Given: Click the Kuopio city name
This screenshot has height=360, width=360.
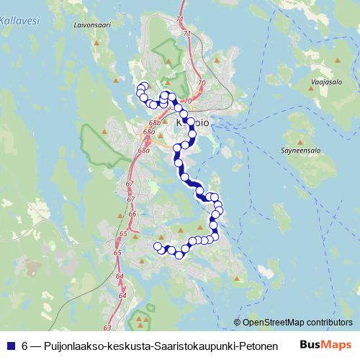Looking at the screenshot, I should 192,123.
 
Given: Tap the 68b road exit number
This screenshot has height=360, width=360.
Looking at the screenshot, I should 153,124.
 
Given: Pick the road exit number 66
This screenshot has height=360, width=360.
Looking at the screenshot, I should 131,214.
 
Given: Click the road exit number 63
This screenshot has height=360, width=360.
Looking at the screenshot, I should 107,327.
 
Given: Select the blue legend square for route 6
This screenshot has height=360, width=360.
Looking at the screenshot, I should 12,346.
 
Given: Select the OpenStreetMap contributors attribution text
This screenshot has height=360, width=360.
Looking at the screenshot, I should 297,323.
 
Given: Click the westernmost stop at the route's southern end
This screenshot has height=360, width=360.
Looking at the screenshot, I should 158,246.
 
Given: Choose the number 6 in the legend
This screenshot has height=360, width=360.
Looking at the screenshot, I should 24,346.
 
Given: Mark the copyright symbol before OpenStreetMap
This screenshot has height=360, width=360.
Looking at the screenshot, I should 238,323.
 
